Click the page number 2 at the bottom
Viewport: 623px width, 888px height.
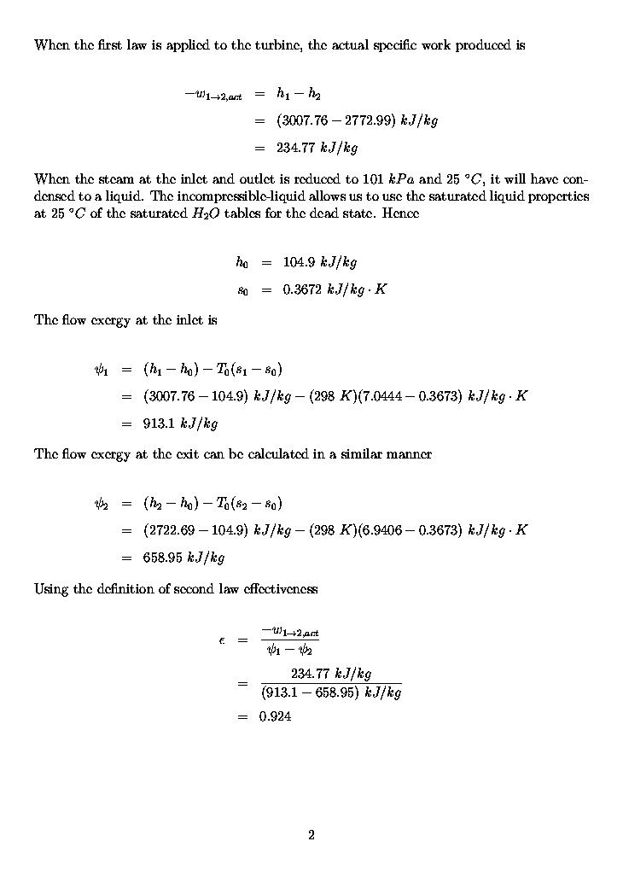pos(311,835)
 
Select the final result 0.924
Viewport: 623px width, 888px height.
pos(275,717)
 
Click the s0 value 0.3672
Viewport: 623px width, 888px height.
pos(303,289)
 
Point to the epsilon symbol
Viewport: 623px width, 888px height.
pos(222,640)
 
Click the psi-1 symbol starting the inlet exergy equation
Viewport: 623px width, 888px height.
pos(101,370)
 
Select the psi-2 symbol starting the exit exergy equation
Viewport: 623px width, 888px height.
pos(101,504)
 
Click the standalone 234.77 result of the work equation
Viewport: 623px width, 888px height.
pos(295,148)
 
